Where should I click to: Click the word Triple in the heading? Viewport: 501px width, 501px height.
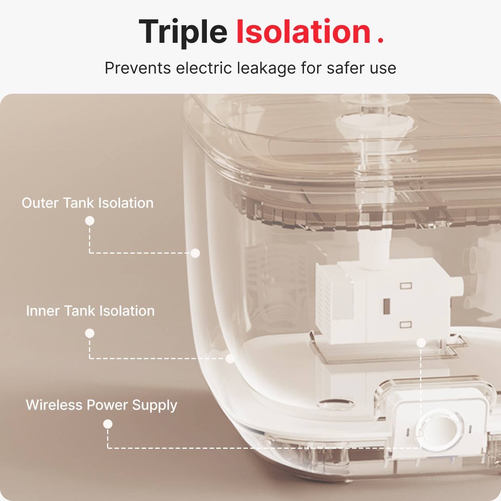183,32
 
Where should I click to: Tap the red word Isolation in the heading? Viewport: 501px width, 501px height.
303,32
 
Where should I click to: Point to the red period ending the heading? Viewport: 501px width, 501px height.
380,41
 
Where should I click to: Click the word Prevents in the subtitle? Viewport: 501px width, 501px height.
138,68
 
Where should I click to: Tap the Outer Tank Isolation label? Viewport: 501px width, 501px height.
88,203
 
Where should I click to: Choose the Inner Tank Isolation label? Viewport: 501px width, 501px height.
90,311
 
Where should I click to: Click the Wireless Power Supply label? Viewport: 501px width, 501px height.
101,405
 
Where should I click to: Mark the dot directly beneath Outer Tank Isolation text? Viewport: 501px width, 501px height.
90,221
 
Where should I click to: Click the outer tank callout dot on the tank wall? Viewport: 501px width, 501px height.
195,253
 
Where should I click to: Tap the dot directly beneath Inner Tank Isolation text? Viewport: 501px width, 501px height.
90,333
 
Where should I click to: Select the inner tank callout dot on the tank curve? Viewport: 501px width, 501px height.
230,358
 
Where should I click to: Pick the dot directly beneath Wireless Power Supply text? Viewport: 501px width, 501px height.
107,424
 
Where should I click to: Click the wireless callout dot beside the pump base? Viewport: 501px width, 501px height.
421,343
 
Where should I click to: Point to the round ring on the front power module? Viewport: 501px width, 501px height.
439,430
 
